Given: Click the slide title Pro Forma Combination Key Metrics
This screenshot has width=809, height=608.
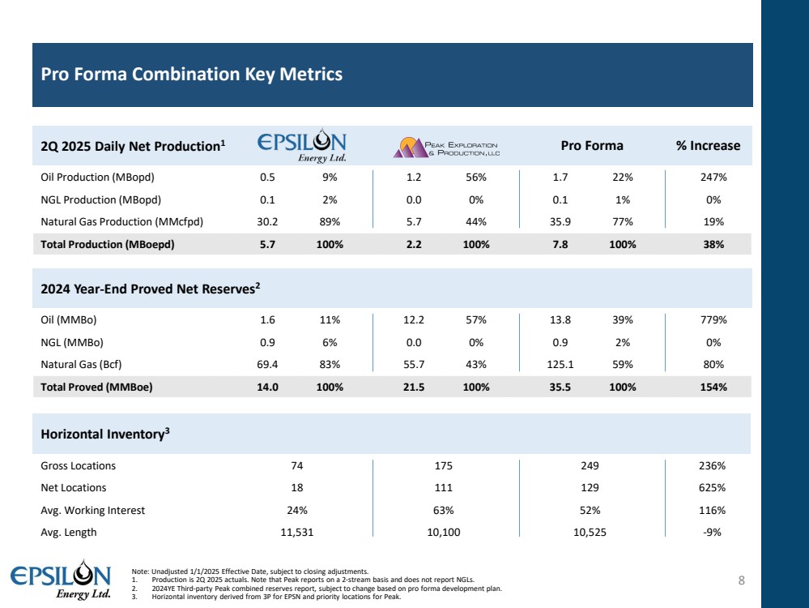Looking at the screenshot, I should (192, 75).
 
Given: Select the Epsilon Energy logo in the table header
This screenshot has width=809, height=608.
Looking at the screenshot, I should (302, 146).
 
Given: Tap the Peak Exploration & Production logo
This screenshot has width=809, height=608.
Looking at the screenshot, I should (445, 146).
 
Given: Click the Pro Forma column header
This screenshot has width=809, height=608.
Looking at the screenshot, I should (592, 146).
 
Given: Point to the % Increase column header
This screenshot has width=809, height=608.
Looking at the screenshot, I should (708, 146).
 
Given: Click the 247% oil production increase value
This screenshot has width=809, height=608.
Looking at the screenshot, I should (713, 177).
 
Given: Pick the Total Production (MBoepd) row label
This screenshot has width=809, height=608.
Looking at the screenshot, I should (108, 243).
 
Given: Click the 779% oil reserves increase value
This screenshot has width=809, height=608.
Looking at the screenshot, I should (713, 319).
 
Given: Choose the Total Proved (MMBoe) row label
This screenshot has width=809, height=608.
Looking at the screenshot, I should (96, 387).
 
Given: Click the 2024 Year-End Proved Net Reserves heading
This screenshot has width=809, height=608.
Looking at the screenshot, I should (150, 288).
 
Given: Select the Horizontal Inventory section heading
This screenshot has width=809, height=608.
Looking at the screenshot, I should (105, 434).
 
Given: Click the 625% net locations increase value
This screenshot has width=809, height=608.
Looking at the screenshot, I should (713, 488).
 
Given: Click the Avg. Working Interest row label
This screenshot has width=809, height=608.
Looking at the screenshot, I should (92, 511).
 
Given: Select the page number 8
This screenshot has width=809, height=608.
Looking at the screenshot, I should (741, 580).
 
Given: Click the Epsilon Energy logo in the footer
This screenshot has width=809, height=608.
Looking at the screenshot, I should (60, 580).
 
